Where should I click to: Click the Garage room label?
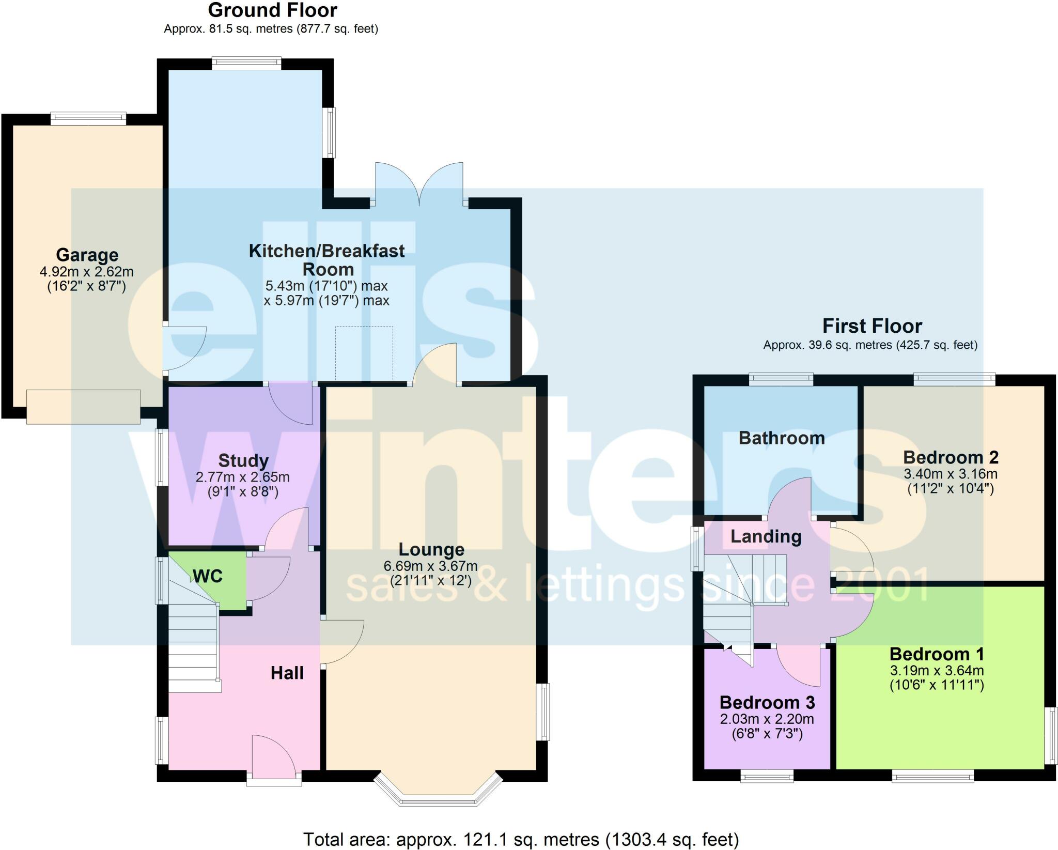87,255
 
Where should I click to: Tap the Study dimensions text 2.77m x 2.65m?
242,477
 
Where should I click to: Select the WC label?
208,576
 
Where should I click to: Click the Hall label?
287,673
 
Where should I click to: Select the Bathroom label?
782,438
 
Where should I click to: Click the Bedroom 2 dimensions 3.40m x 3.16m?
951,474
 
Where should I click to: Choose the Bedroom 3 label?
767,703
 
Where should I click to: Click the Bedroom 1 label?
937,654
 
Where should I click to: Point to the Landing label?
766,536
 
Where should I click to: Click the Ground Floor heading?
272,10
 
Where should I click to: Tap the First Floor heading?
872,326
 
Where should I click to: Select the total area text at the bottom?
521,839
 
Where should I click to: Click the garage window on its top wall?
88,118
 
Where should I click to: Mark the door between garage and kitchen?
183,348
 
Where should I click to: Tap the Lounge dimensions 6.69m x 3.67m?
430,566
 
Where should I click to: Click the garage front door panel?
83,407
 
